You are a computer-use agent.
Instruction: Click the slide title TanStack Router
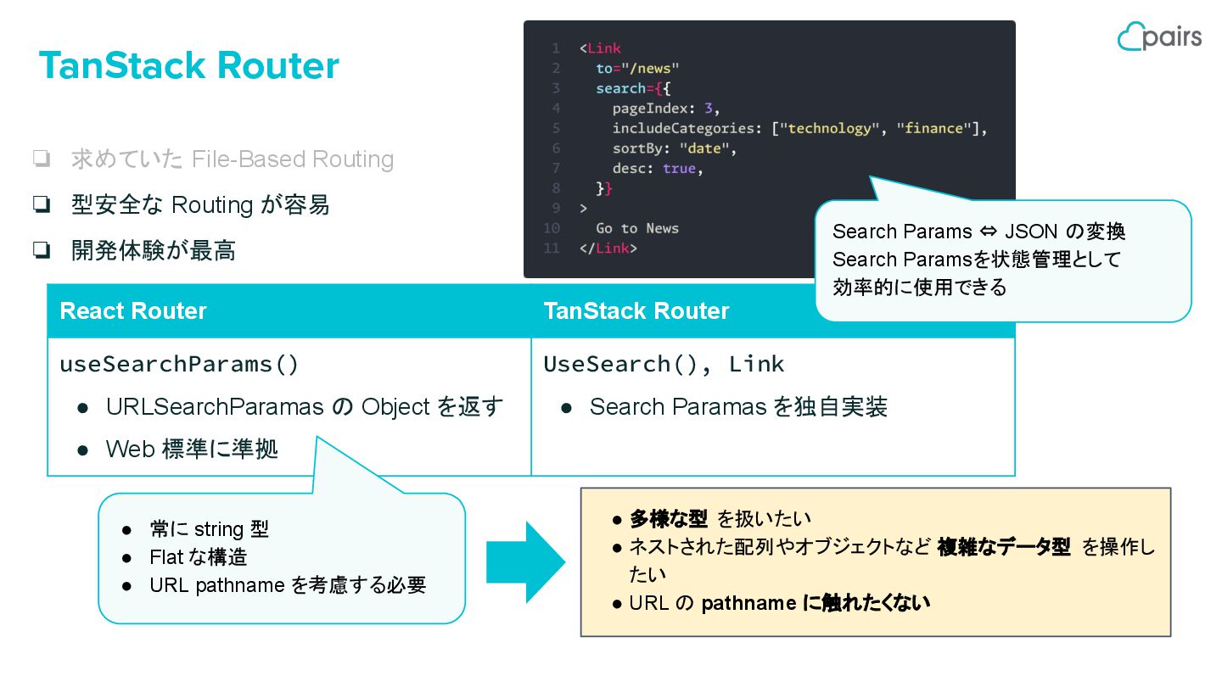coord(189,66)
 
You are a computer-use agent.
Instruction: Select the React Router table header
coord(133,311)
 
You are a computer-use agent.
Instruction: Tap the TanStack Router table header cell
coord(636,311)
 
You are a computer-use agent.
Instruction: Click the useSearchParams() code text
coord(179,364)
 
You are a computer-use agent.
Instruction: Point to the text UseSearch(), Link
coord(664,364)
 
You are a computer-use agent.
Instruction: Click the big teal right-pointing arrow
coord(525,562)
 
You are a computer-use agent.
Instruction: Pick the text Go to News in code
coord(637,228)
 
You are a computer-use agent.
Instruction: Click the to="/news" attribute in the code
coord(637,68)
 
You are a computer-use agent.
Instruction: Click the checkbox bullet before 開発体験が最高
coord(41,250)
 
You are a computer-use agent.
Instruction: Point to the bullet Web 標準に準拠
coord(192,449)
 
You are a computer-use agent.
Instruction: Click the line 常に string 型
coord(209,529)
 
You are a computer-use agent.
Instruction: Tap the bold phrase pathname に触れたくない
coord(816,603)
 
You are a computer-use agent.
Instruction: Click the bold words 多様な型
coord(669,518)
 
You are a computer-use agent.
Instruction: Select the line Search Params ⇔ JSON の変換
coord(978,232)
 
